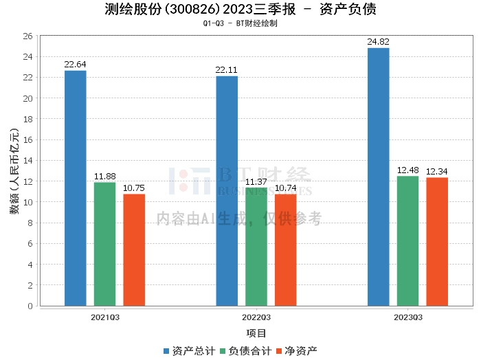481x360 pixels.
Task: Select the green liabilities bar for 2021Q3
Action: tap(104, 244)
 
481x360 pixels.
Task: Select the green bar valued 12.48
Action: tap(407, 240)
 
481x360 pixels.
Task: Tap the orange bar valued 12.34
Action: tap(437, 241)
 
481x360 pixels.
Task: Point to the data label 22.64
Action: tap(76, 65)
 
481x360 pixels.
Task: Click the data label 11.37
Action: tap(256, 181)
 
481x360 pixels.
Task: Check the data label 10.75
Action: tap(134, 188)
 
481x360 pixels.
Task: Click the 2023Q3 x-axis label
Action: tap(408, 317)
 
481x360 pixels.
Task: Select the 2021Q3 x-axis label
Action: tap(105, 317)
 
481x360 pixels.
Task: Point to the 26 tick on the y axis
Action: tap(28, 36)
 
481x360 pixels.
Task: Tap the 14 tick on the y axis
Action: tap(28, 161)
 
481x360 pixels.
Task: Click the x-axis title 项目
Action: tap(256, 333)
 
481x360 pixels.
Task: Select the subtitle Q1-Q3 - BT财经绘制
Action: tap(240, 23)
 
